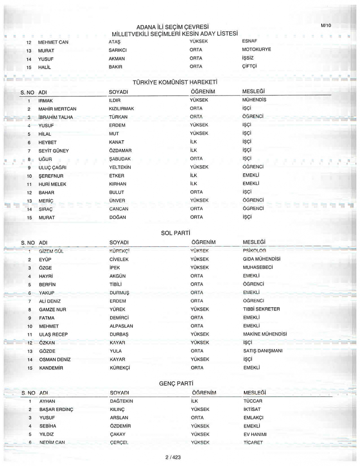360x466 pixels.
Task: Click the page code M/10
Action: pyautogui.click(x=326, y=25)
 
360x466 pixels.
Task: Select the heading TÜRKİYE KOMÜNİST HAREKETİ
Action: pyautogui.click(x=174, y=83)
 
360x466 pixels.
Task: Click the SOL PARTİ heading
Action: pyautogui.click(x=175, y=233)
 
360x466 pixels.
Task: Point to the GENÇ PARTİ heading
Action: pyautogui.click(x=175, y=384)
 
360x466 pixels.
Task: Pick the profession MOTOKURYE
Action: pyautogui.click(x=256, y=50)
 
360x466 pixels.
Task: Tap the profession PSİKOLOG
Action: pyautogui.click(x=254, y=251)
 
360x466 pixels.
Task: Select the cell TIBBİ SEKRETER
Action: pyautogui.click(x=261, y=309)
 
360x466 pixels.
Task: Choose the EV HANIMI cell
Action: pyautogui.click(x=255, y=435)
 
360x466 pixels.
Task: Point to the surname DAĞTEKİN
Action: pyautogui.click(x=121, y=401)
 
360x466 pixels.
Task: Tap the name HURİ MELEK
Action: pyautogui.click(x=52, y=184)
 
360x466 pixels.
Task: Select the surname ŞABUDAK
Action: pyautogui.click(x=120, y=159)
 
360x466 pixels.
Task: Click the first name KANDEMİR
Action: pyautogui.click(x=51, y=368)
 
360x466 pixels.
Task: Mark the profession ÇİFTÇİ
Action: pyautogui.click(x=250, y=67)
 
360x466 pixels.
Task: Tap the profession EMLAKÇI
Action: pyautogui.click(x=254, y=418)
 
